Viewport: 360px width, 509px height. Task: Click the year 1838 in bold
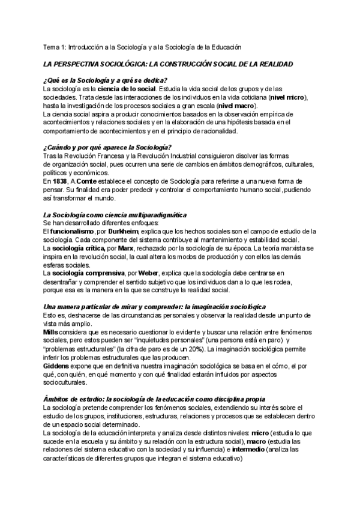pyautogui.click(x=59, y=181)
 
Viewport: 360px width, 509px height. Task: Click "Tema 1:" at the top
pyautogui.click(x=57, y=46)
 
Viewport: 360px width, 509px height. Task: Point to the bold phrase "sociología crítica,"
pyautogui.click(x=79, y=248)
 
